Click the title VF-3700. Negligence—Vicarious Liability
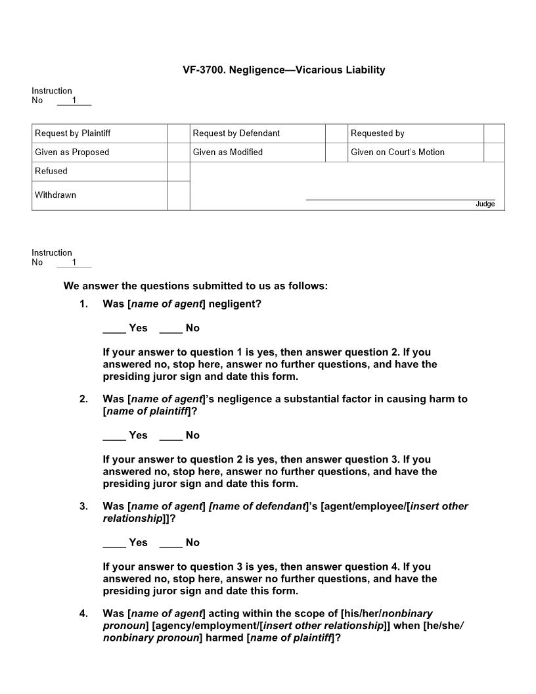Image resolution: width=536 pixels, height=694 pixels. coord(284,70)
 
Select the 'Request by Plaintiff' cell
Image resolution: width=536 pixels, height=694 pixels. coord(99,133)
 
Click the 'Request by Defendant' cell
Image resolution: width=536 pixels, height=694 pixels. coord(257,133)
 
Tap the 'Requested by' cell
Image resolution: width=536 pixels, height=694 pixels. coord(416,133)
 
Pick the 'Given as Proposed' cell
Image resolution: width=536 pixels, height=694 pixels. coord(99,152)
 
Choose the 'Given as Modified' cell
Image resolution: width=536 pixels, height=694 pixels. coord(257,152)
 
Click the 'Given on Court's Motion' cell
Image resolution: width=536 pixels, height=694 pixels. coord(416,152)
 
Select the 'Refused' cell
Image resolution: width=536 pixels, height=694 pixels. coord(99,172)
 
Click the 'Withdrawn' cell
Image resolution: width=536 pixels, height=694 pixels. coord(99,195)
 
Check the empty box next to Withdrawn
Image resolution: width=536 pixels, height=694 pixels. coord(179,196)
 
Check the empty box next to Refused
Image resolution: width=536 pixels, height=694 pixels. coord(179,172)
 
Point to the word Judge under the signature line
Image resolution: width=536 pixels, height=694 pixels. coord(485,204)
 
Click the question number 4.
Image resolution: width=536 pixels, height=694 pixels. coord(83,614)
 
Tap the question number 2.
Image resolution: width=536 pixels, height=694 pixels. coord(83,399)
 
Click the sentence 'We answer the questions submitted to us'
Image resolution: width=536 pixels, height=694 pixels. coord(195,286)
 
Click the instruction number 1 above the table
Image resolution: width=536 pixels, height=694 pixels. coord(74,101)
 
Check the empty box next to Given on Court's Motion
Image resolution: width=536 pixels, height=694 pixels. coord(494,152)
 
